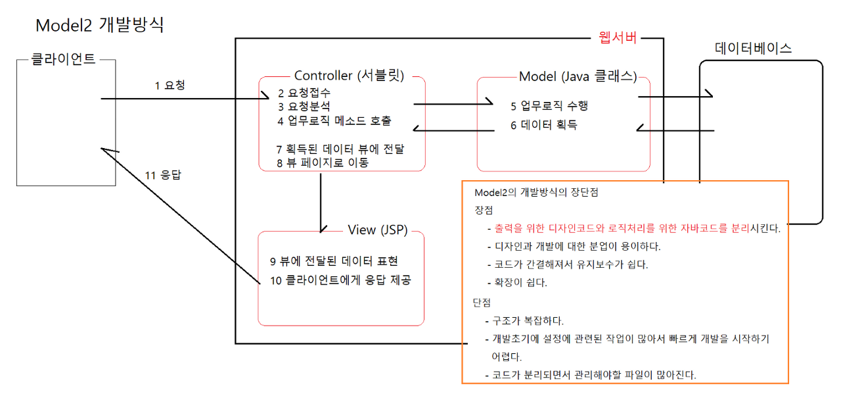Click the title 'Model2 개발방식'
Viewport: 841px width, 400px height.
tap(99, 26)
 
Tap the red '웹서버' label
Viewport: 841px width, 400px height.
tap(618, 37)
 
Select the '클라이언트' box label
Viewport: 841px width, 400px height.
tap(64, 59)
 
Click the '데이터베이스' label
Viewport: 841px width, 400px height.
tap(753, 48)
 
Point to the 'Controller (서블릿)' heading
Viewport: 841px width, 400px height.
tap(349, 76)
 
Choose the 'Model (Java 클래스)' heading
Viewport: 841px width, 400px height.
tap(578, 76)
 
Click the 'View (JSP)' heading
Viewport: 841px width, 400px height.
tap(376, 230)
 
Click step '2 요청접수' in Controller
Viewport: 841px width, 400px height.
tap(304, 93)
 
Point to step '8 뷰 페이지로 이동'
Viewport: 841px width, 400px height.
tap(323, 162)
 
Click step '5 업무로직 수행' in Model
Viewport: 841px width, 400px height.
tap(555, 105)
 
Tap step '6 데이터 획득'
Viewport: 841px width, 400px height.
tap(543, 125)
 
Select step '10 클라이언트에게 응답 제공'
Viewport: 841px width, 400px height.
tap(340, 280)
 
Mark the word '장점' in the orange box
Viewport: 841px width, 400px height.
tap(483, 211)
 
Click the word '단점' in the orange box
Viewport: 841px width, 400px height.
tap(482, 303)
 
